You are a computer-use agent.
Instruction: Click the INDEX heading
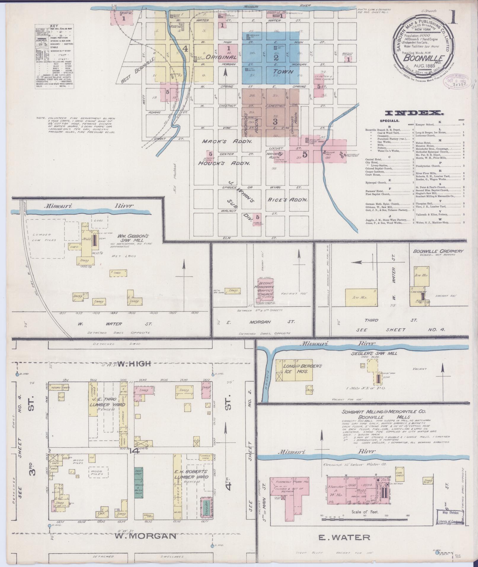(x=414, y=113)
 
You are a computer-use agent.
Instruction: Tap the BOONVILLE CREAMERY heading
(x=438, y=251)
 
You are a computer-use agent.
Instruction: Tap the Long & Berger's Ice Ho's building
(x=295, y=370)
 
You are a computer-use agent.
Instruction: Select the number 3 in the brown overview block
(x=275, y=122)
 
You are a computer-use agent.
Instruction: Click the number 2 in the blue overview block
(x=276, y=58)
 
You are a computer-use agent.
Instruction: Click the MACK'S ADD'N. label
(x=227, y=142)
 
